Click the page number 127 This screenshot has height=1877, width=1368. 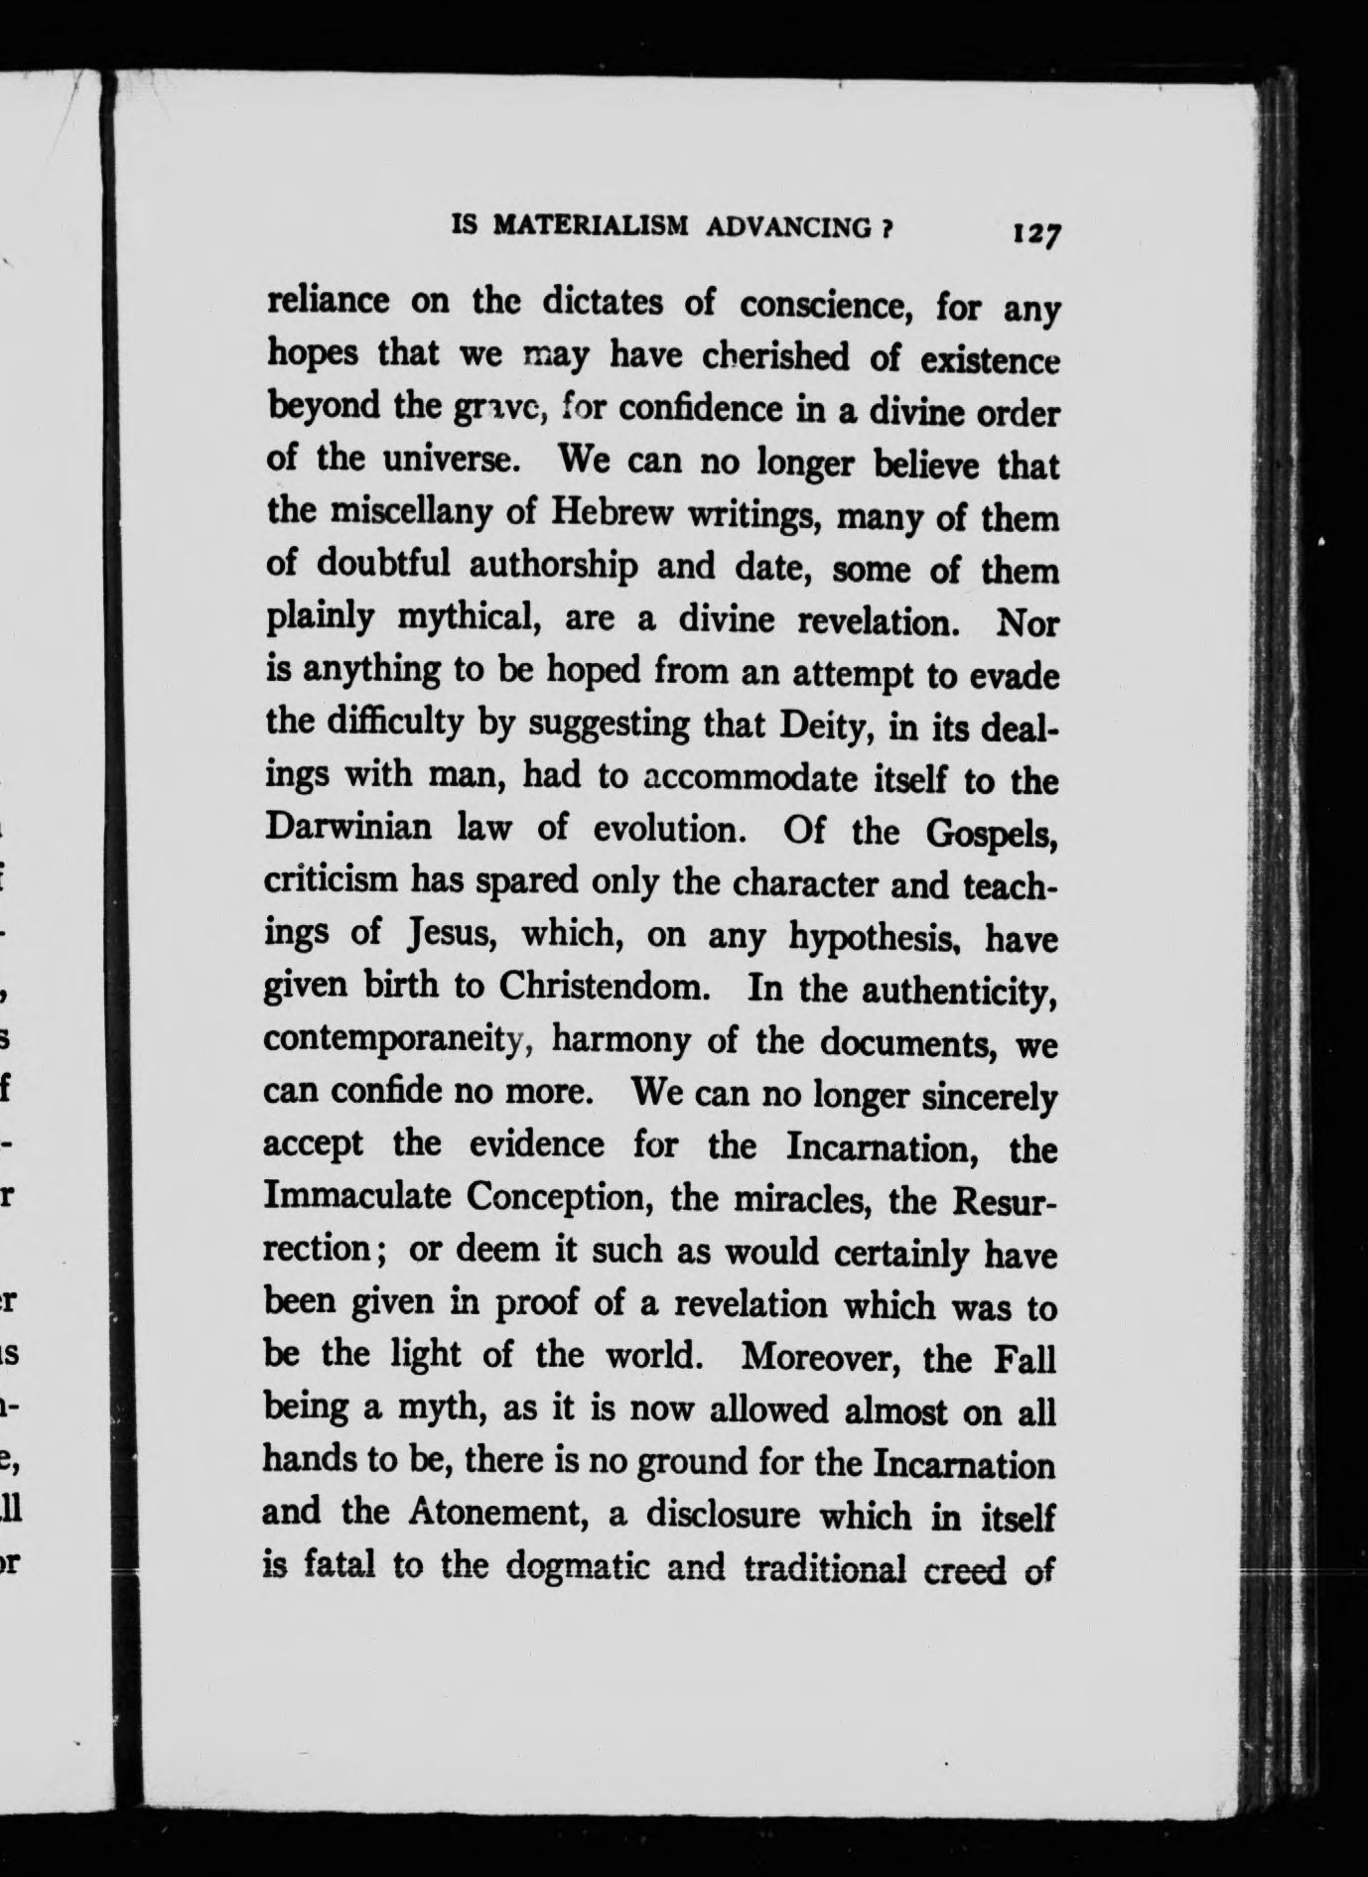[x=1036, y=235]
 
